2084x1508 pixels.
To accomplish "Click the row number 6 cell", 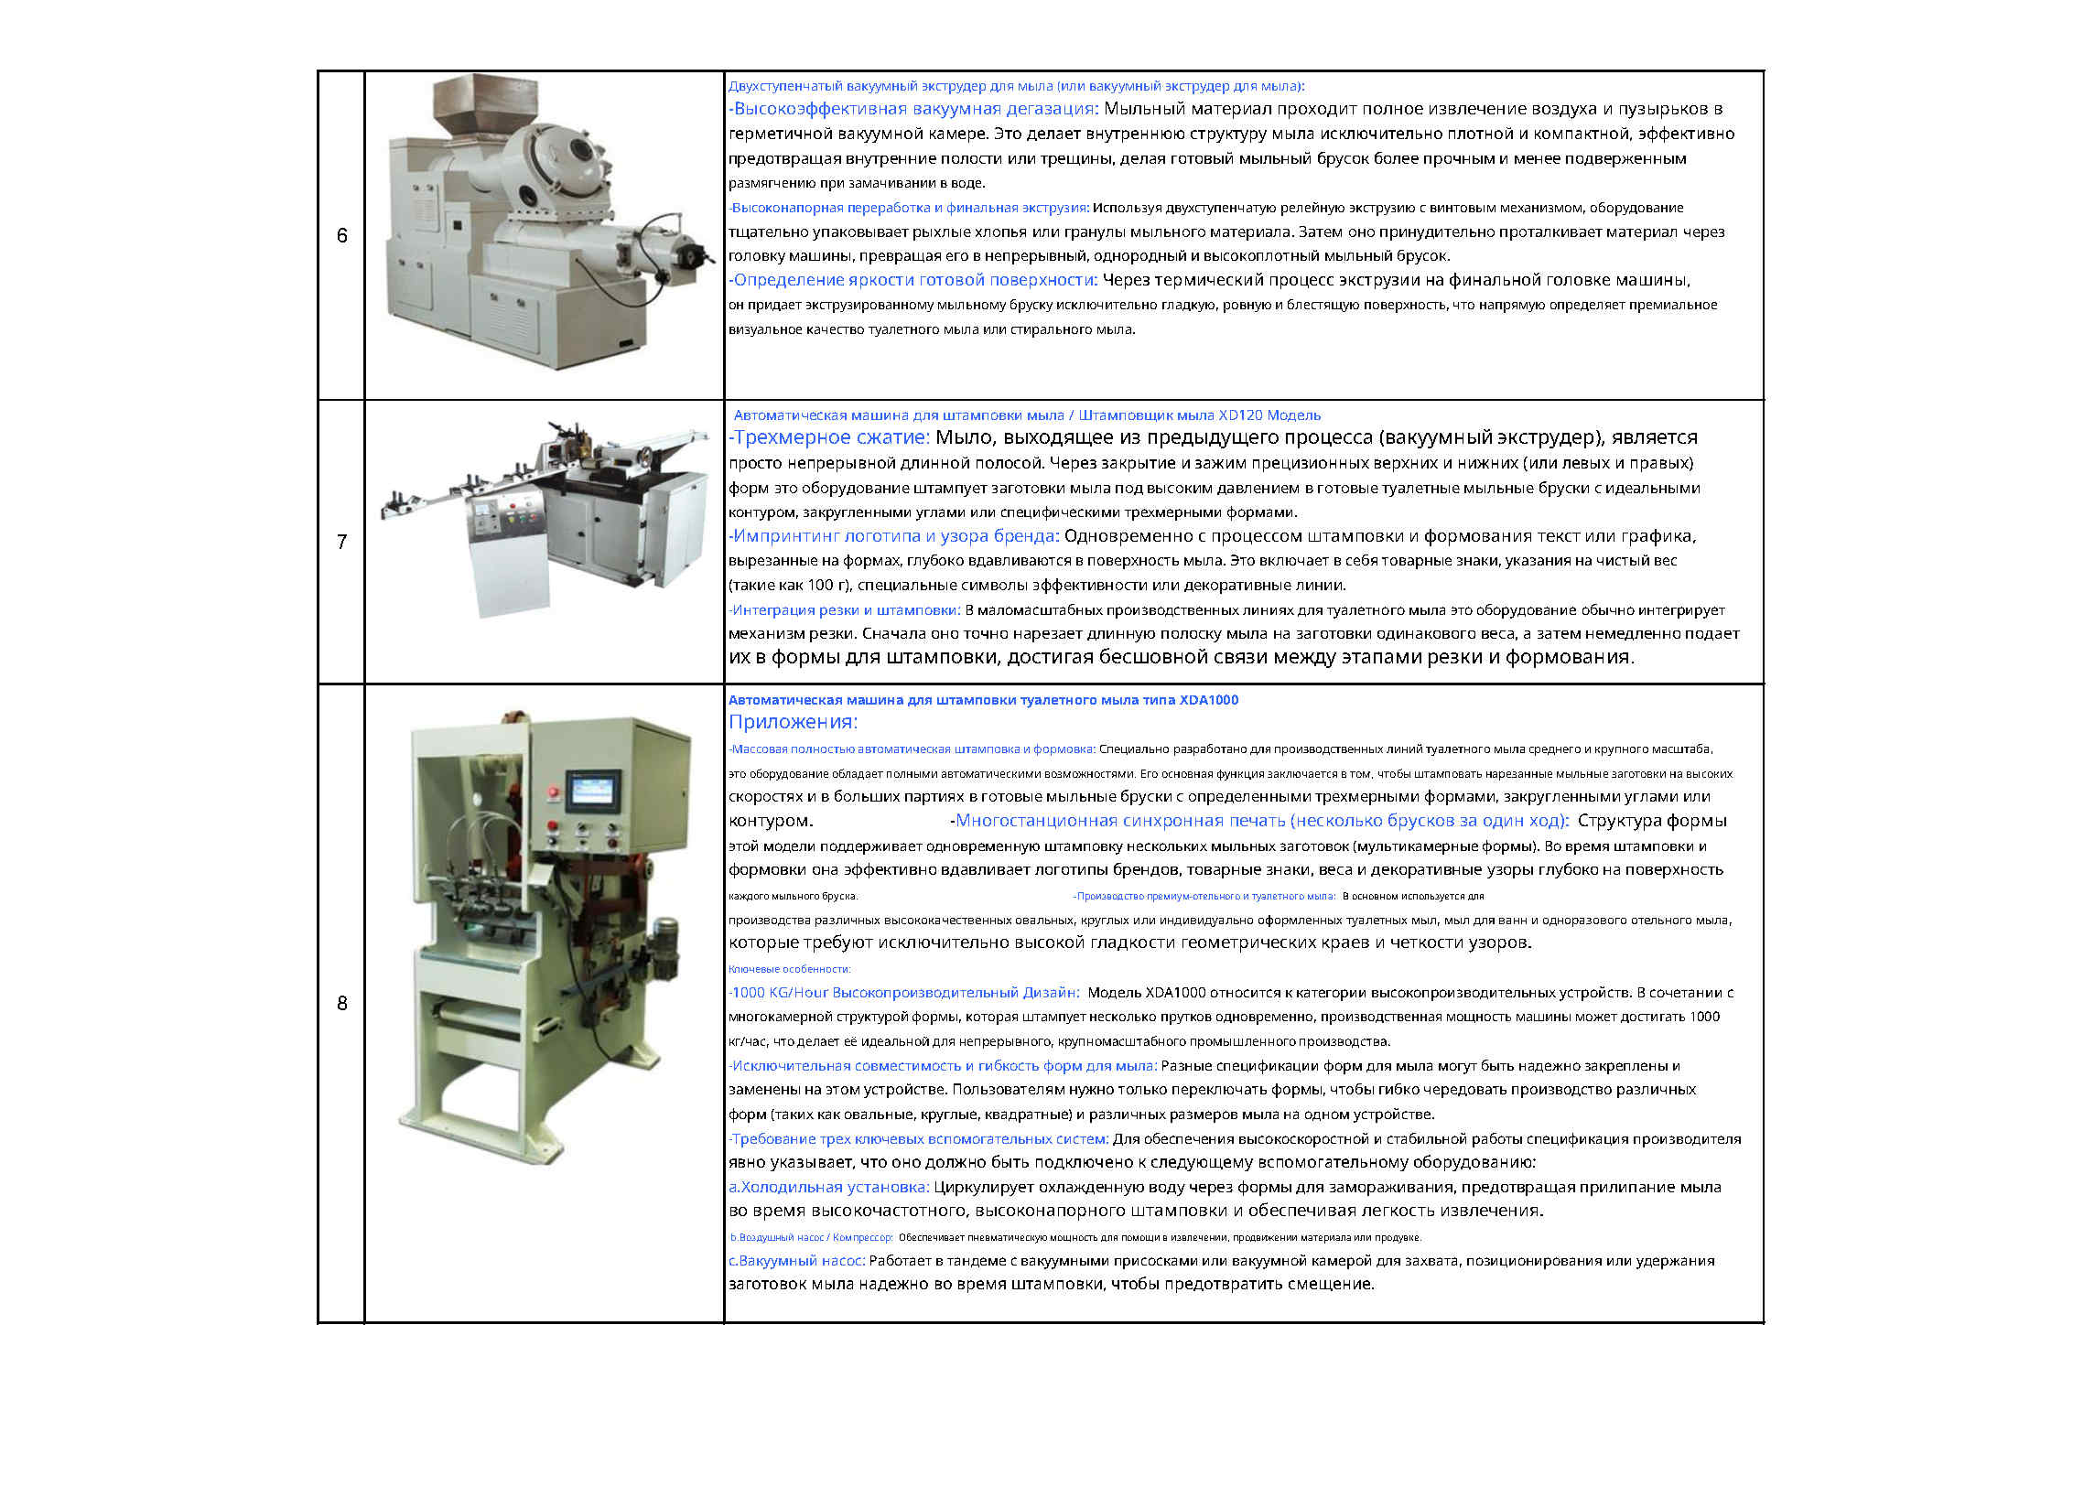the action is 341,236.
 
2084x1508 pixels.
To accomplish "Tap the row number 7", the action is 341,543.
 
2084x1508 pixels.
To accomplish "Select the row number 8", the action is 341,1004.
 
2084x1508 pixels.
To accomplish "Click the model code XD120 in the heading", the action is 1237,415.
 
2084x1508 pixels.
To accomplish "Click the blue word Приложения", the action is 793,722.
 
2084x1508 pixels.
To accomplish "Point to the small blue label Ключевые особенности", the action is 789,968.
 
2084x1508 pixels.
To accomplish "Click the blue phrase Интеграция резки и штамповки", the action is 846,610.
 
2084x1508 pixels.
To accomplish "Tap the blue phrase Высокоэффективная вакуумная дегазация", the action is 915,110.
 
